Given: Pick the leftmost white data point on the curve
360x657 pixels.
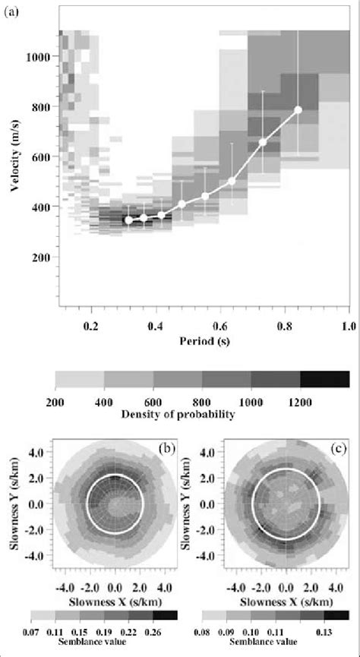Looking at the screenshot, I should click(128, 220).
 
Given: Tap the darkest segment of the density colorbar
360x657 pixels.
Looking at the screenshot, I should click(324, 379).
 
